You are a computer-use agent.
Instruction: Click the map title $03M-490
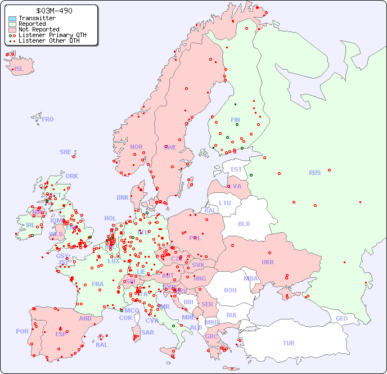click(x=53, y=11)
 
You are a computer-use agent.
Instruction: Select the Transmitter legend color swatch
click(x=12, y=19)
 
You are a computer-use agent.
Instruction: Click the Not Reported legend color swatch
click(x=12, y=30)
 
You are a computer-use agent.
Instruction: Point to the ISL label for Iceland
click(x=19, y=69)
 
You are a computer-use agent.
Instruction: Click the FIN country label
click(x=235, y=120)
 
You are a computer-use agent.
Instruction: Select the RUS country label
click(x=314, y=173)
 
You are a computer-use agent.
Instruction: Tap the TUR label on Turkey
click(x=289, y=343)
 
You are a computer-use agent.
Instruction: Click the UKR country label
click(x=267, y=262)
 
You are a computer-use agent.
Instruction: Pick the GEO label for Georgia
click(x=341, y=318)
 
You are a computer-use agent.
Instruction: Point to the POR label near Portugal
click(x=22, y=331)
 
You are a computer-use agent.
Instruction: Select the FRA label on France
click(x=98, y=284)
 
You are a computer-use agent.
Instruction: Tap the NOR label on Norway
click(x=136, y=147)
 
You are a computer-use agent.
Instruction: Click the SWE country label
click(x=170, y=147)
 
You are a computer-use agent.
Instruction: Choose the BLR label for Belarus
click(x=244, y=223)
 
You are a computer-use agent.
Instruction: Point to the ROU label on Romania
click(x=230, y=290)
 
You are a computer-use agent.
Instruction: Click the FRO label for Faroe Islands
click(x=47, y=119)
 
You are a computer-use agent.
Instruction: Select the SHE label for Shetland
click(x=66, y=152)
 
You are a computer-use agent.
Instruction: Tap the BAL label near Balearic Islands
click(x=101, y=345)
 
